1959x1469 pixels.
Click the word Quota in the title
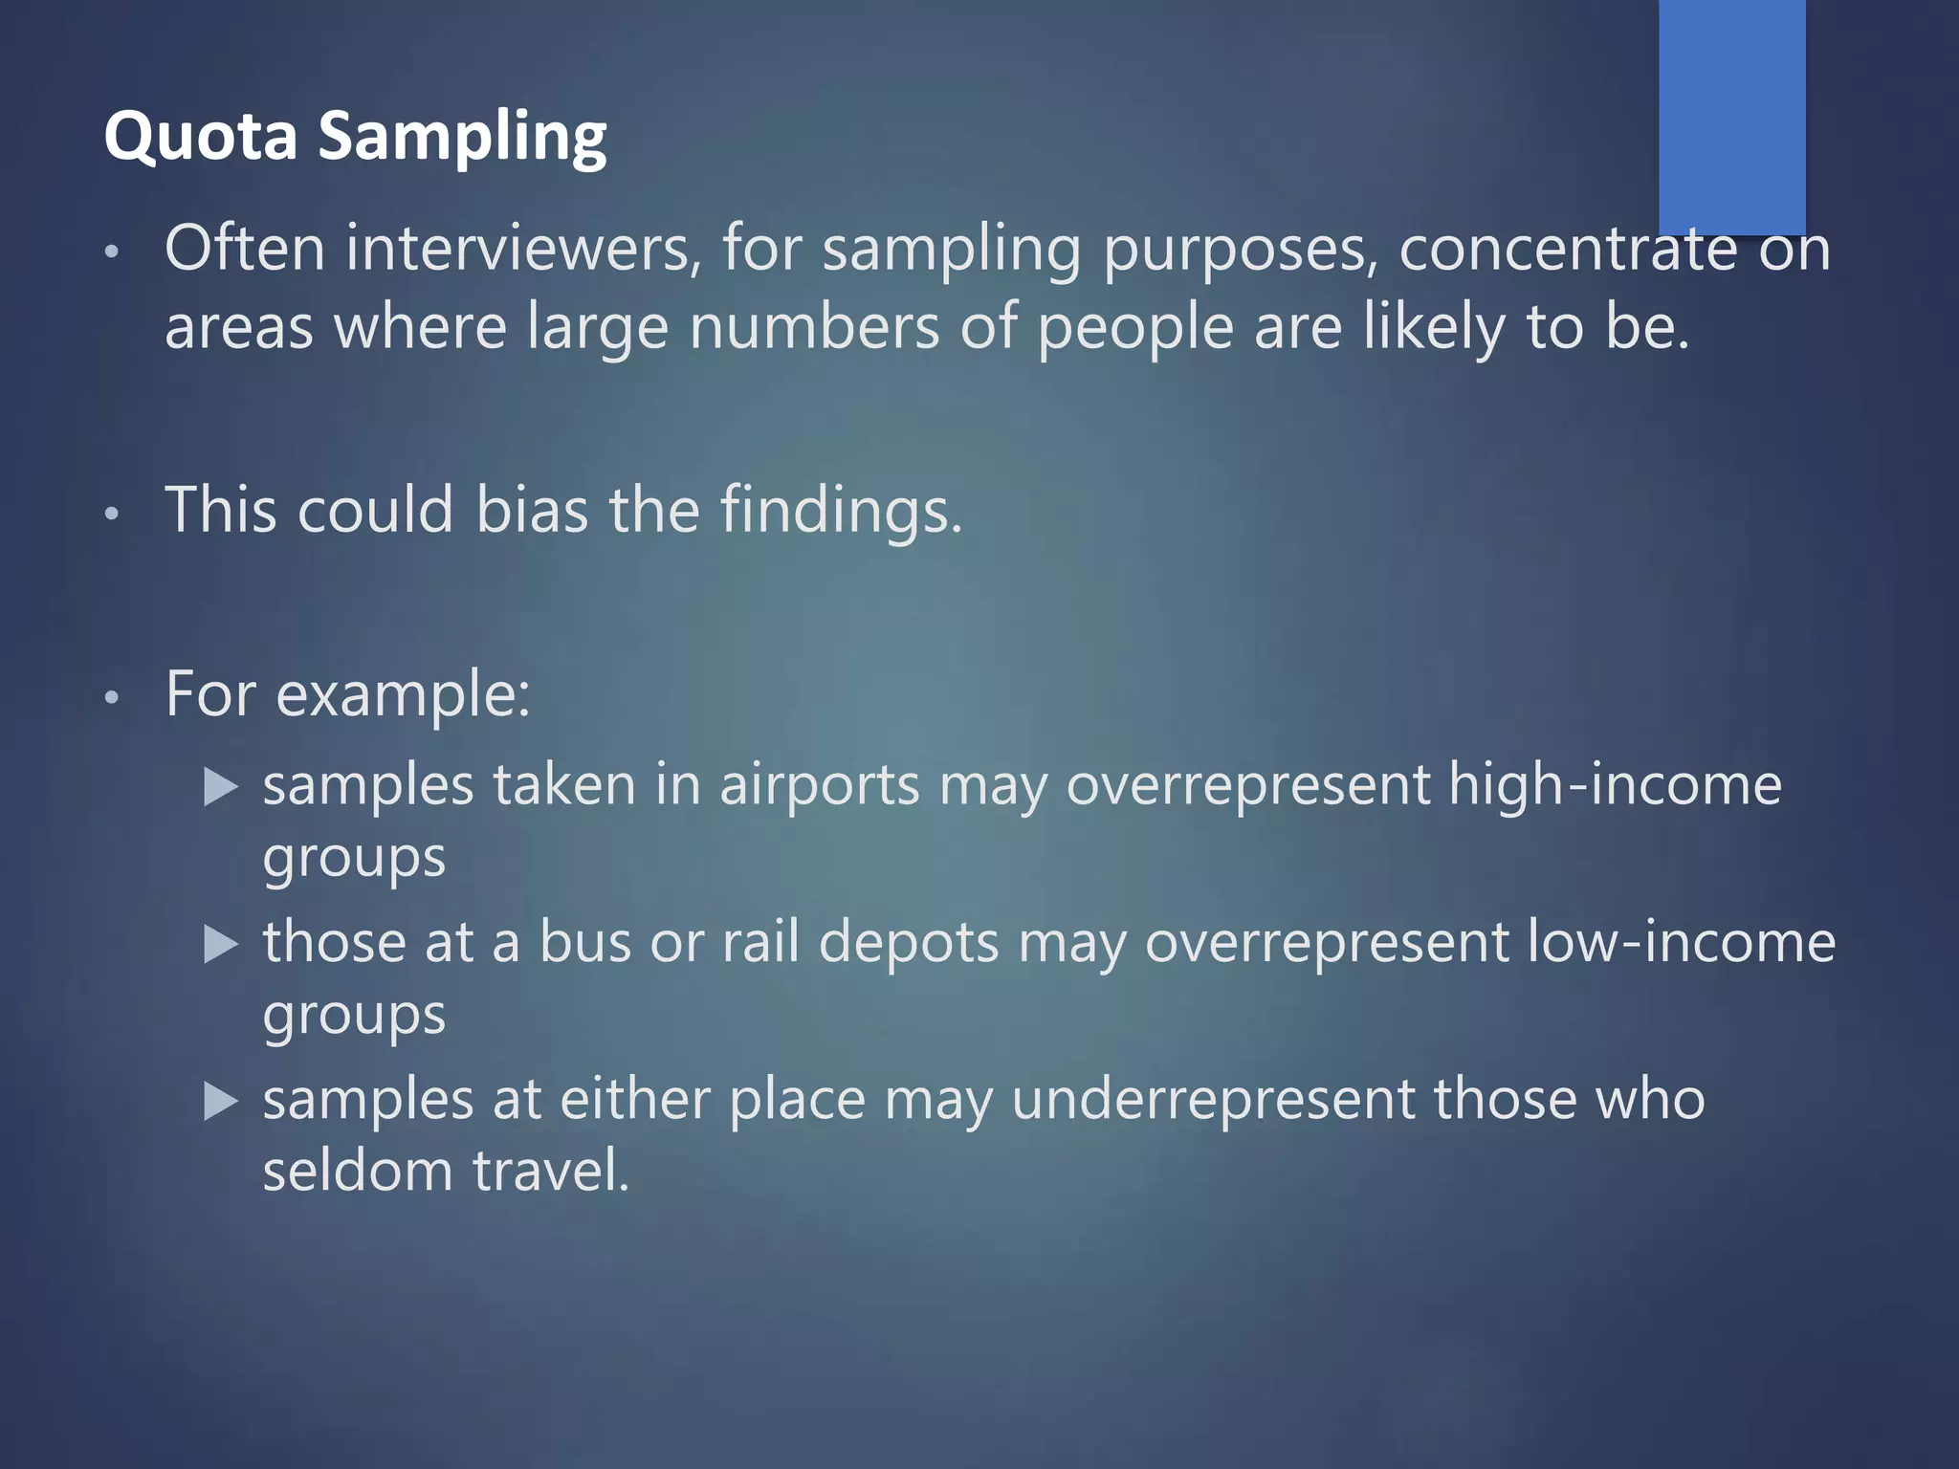[201, 136]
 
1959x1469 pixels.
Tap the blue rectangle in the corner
[1731, 115]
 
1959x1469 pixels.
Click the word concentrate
[1568, 249]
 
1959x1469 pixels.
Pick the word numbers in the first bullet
[814, 327]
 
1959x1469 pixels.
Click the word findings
[841, 511]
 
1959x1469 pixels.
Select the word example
[402, 695]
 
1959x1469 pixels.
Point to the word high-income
[1615, 786]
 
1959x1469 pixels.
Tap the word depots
[909, 943]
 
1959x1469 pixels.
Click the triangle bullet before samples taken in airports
[221, 787]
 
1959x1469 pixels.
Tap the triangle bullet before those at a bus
[221, 945]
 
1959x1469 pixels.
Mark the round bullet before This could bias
[112, 514]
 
